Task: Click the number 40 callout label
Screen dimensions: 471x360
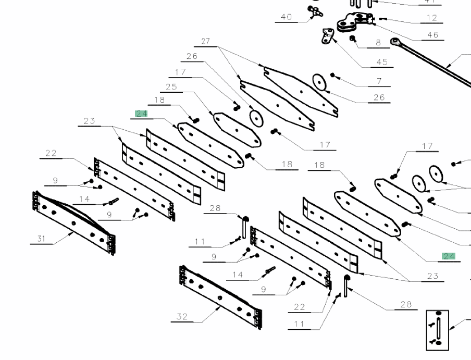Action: pyautogui.click(x=286, y=17)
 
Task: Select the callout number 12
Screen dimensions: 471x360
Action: pyautogui.click(x=431, y=18)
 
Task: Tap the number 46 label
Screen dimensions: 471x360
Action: pyautogui.click(x=432, y=35)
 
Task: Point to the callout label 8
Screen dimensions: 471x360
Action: pyautogui.click(x=378, y=43)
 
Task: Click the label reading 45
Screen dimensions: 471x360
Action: pyautogui.click(x=382, y=62)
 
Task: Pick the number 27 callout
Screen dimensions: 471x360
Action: pyautogui.click(x=205, y=41)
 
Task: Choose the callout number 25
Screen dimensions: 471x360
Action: pyautogui.click(x=171, y=87)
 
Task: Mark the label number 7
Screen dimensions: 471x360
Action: pyautogui.click(x=379, y=81)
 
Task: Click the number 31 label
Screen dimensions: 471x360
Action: pyautogui.click(x=41, y=239)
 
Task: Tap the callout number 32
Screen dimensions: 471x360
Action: pyautogui.click(x=182, y=316)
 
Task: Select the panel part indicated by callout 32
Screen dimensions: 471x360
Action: pyautogui.click(x=220, y=297)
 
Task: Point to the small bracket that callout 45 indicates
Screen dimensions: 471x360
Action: pyautogui.click(x=327, y=36)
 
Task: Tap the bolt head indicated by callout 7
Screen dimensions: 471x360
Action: pyautogui.click(x=332, y=75)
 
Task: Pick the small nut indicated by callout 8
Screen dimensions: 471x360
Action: pyautogui.click(x=352, y=38)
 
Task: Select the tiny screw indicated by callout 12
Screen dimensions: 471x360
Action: pyautogui.click(x=381, y=19)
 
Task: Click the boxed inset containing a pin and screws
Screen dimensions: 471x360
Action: pyautogui.click(x=437, y=330)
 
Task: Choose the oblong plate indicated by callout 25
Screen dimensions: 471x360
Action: pyautogui.click(x=237, y=130)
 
